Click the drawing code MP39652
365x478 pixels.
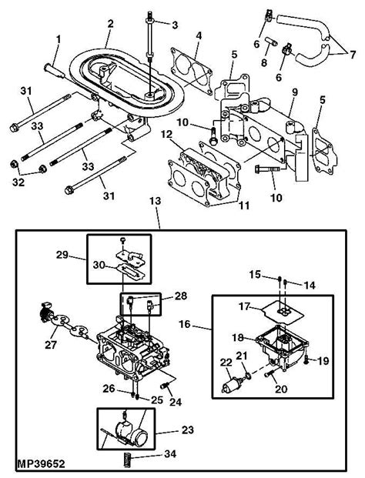click(x=41, y=463)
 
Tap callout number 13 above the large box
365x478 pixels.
click(x=156, y=201)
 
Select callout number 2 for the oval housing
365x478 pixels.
click(x=110, y=24)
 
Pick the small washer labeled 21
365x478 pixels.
click(x=248, y=374)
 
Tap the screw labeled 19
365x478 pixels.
click(x=306, y=361)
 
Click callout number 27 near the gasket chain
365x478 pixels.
click(x=51, y=345)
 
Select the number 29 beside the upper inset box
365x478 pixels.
click(x=62, y=255)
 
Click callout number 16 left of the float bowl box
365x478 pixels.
click(x=185, y=324)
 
